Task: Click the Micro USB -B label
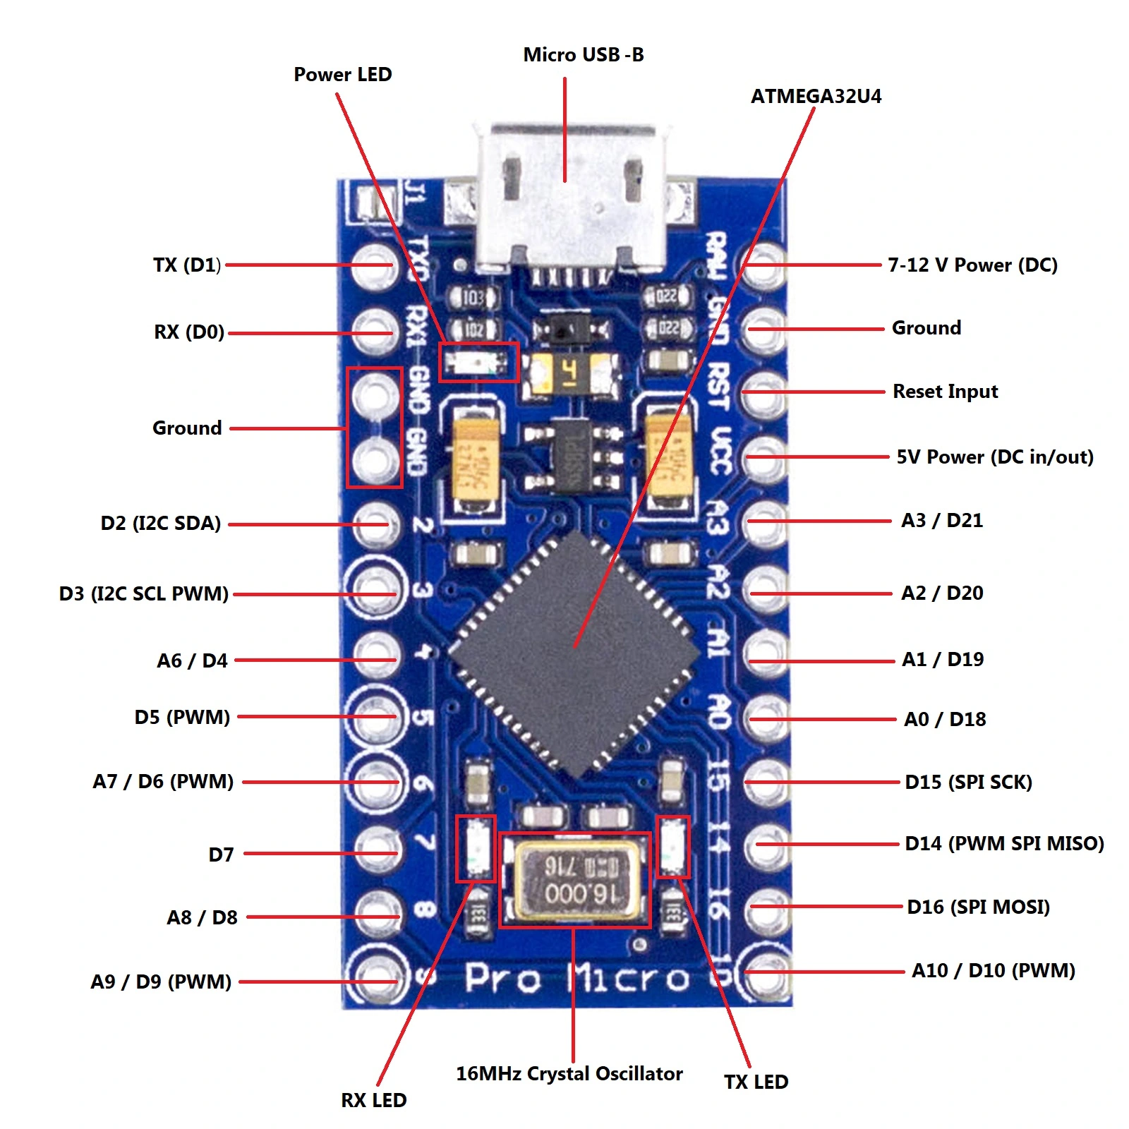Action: click(x=583, y=55)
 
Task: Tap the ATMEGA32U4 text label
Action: click(x=816, y=97)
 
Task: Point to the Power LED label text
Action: click(x=342, y=75)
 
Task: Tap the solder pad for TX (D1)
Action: click(x=375, y=265)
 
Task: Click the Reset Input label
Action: click(x=945, y=392)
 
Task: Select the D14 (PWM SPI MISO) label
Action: click(x=1003, y=844)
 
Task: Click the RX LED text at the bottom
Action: click(x=373, y=1100)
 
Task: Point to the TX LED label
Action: click(x=756, y=1082)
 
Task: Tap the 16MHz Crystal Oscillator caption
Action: click(x=569, y=1074)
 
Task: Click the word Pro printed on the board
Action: click(x=503, y=978)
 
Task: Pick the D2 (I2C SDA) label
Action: click(x=161, y=524)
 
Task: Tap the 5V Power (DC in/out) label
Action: click(x=994, y=457)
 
